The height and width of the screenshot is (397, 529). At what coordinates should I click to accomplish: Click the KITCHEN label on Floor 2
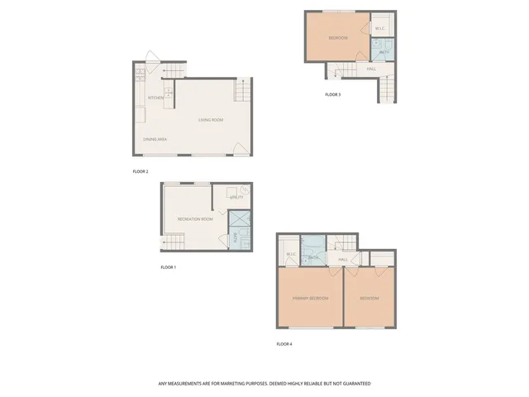pos(155,98)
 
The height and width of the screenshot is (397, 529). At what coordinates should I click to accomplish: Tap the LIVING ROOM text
pos(211,121)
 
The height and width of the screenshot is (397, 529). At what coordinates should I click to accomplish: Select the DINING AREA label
pos(155,139)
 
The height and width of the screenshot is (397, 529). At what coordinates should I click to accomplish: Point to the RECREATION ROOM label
pos(195,219)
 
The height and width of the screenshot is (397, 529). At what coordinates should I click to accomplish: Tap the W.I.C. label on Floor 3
pos(379,29)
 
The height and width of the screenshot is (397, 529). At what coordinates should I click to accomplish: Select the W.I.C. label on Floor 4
pos(290,254)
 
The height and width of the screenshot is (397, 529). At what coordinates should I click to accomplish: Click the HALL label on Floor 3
pos(372,69)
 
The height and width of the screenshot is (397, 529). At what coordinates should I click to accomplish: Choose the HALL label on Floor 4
pos(342,260)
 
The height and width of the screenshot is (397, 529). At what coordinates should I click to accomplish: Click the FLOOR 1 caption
pos(168,267)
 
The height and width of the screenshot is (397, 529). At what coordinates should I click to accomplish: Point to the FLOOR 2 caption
pos(141,171)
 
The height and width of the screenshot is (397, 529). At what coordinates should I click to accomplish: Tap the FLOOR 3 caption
pos(332,94)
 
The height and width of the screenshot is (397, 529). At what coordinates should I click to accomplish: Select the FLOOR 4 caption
pos(284,344)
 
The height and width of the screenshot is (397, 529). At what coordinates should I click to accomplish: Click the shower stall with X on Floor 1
pos(239,219)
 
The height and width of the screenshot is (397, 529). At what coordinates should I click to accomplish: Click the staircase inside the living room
pos(242,88)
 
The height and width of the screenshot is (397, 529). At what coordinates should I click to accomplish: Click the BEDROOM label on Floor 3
pos(337,38)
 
